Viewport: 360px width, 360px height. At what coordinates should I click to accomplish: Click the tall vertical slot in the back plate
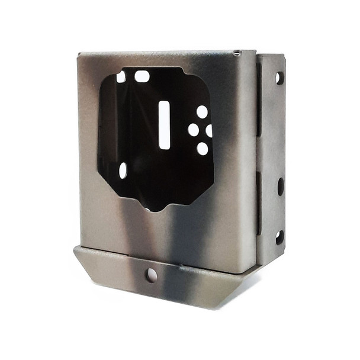(164, 124)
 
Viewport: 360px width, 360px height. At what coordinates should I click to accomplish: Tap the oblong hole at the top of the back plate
(142, 76)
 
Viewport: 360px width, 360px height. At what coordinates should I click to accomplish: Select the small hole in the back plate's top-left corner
(121, 77)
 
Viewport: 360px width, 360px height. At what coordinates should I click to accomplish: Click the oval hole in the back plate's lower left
(123, 171)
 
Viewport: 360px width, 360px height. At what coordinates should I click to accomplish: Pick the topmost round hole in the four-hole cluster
(202, 111)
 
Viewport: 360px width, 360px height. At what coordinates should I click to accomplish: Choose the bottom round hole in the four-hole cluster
(202, 148)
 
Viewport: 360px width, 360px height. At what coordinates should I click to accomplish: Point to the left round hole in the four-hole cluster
(193, 130)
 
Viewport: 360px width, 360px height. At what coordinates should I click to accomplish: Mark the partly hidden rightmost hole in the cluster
(209, 130)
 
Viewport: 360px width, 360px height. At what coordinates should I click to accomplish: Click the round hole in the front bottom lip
(152, 275)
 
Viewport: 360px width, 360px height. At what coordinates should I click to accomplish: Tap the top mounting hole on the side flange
(279, 78)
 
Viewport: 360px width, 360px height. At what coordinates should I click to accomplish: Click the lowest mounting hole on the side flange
(279, 237)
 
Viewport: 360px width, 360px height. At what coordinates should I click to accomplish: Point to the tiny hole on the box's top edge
(237, 53)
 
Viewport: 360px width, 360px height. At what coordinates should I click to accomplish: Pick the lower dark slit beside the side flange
(259, 201)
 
